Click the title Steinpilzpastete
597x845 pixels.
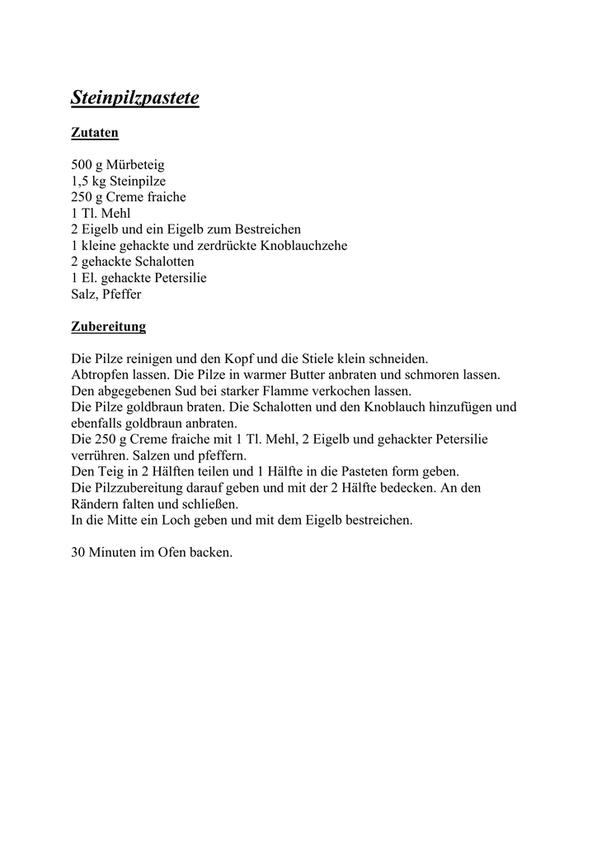[x=135, y=98]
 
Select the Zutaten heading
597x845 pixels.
[x=95, y=133]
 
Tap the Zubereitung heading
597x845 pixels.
[x=108, y=327]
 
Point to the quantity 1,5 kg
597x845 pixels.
[x=88, y=182]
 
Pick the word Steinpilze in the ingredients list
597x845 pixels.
[x=138, y=182]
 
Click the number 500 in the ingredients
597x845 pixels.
[x=82, y=165]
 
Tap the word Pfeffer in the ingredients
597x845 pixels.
[x=123, y=294]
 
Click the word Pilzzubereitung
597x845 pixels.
[x=141, y=489]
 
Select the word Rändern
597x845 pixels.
[x=96, y=504]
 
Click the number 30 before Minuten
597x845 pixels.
[x=79, y=553]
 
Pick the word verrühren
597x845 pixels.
[x=98, y=456]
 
